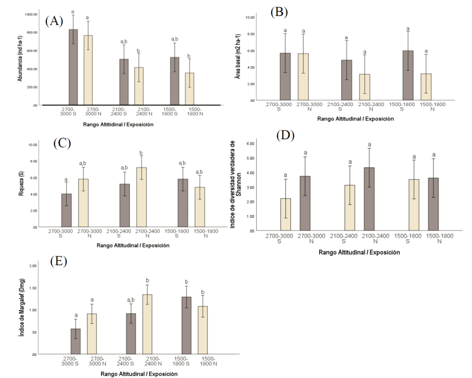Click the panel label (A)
click(x=55, y=21)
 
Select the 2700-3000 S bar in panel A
click(x=73, y=67)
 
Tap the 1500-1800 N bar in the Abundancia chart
click(x=189, y=88)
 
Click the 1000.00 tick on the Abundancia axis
click(x=30, y=14)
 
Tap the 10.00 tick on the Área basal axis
click(x=249, y=17)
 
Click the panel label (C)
click(x=62, y=143)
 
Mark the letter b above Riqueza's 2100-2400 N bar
click(x=141, y=153)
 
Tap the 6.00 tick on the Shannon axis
click(x=250, y=143)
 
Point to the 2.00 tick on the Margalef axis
click(x=31, y=266)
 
